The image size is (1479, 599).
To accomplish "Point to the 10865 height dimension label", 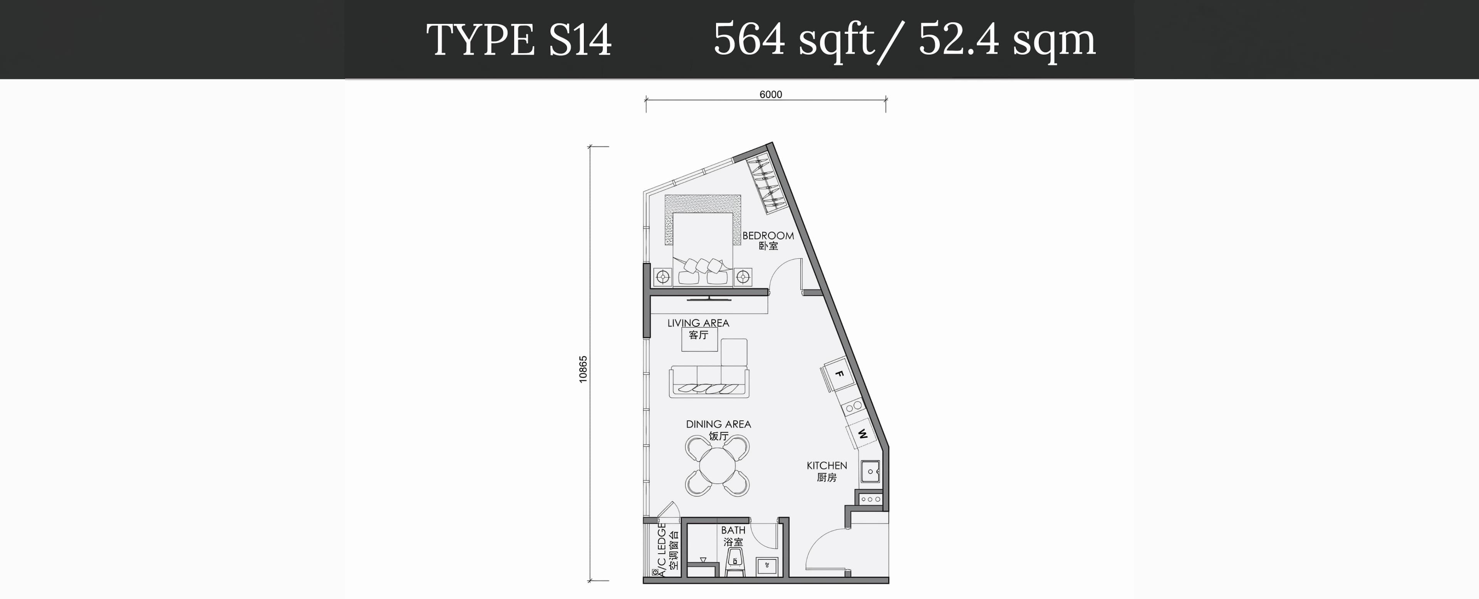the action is (584, 370).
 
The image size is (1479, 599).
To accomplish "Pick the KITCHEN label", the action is (827, 466).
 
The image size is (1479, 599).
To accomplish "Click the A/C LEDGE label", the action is (662, 550).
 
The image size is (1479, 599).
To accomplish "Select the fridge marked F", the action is (838, 374).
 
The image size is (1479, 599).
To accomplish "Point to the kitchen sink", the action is (870, 472).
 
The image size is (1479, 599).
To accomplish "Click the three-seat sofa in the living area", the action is (709, 381).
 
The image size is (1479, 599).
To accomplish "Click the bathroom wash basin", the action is (768, 566).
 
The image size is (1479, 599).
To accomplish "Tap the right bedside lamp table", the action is (743, 278).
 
